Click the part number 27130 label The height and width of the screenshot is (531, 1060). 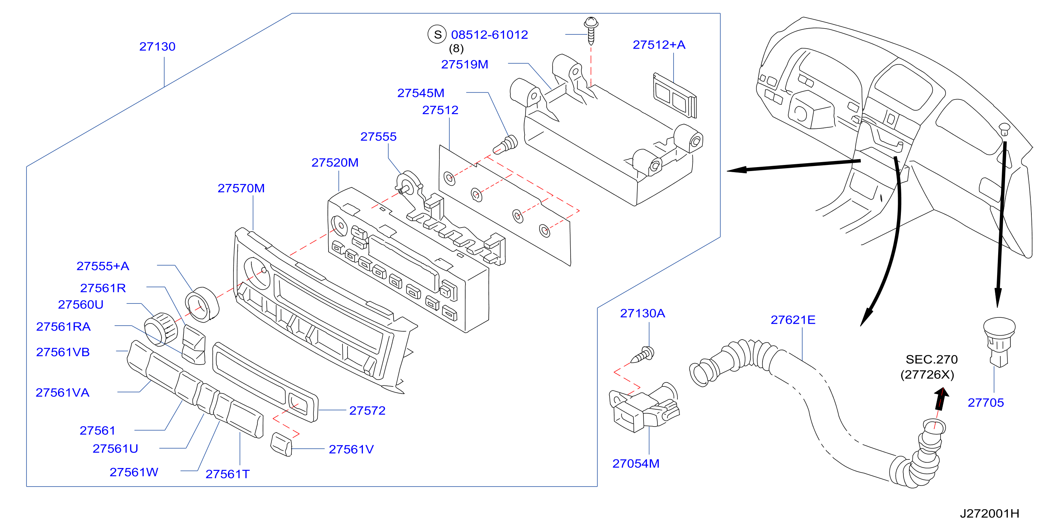tap(157, 47)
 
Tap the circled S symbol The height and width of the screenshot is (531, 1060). tap(437, 34)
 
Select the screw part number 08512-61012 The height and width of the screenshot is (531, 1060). tap(489, 35)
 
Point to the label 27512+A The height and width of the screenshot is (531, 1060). tap(659, 44)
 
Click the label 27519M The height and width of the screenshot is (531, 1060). tap(464, 64)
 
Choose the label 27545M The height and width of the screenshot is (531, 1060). tap(420, 93)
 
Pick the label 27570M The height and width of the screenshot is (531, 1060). tap(241, 188)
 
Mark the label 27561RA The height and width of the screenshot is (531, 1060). tap(63, 327)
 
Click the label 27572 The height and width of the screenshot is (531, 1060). tap(367, 411)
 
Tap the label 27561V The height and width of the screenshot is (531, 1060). tap(351, 449)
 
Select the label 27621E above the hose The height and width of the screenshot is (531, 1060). tap(793, 320)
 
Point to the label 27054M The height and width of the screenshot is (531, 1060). tap(636, 464)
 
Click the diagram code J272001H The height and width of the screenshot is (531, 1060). tap(989, 514)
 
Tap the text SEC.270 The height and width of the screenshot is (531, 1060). tap(932, 360)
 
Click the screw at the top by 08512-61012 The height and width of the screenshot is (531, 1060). tap(591, 30)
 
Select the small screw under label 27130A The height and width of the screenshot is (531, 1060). tap(642, 355)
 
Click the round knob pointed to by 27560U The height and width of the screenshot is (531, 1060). tap(161, 329)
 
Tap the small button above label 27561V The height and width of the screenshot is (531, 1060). tap(281, 444)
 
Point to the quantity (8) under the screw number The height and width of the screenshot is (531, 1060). tap(456, 49)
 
